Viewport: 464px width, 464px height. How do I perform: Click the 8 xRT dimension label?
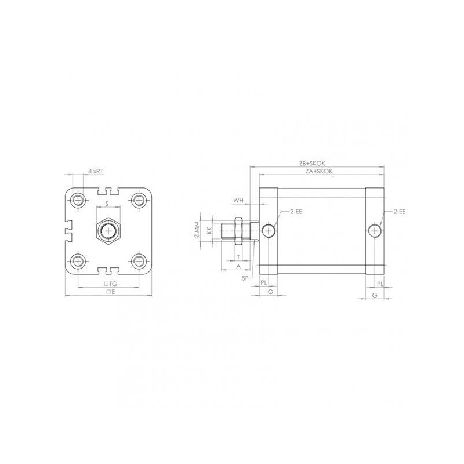[96, 171]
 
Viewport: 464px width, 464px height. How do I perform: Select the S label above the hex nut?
[107, 204]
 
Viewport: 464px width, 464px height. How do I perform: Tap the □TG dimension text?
[110, 284]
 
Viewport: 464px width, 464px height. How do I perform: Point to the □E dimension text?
[110, 292]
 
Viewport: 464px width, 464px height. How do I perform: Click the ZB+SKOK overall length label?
[317, 164]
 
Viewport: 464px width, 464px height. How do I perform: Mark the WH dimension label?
[238, 201]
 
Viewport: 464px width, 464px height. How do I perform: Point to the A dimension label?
[238, 266]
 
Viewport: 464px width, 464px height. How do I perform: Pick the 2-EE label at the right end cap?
[399, 212]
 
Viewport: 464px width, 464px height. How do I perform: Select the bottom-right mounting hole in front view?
[138, 259]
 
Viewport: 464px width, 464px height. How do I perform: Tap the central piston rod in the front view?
[108, 230]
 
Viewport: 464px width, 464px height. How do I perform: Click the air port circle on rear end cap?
[375, 231]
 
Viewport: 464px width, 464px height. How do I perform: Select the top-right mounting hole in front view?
[138, 201]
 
